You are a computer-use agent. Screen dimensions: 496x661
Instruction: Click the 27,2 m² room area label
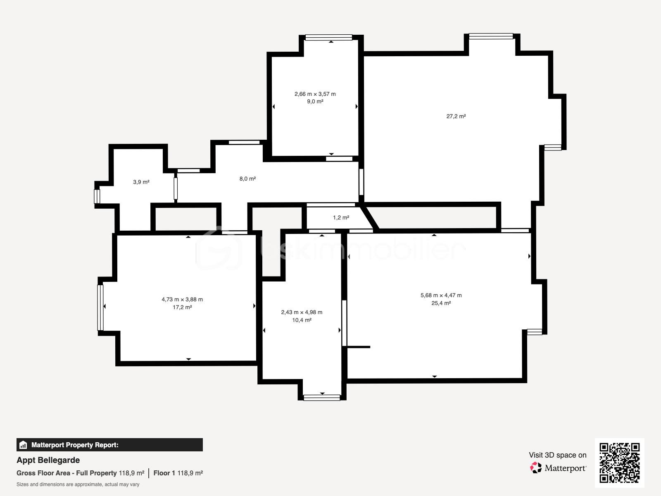click(x=456, y=117)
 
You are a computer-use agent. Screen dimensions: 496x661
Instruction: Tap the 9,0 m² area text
click(x=315, y=102)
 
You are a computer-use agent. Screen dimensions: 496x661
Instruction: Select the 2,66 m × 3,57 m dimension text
click(x=315, y=94)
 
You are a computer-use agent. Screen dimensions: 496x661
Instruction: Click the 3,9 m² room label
click(x=141, y=182)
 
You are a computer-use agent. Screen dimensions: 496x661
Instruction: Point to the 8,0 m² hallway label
click(x=247, y=179)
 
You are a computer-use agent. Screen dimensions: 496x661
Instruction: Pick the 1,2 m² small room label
click(x=341, y=217)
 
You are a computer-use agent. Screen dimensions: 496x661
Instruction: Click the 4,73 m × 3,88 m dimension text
click(x=182, y=300)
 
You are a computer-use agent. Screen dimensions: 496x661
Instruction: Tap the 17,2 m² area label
click(x=182, y=308)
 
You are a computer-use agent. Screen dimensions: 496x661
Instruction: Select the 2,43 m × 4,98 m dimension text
click(x=302, y=312)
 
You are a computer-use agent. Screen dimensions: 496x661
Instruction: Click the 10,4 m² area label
click(x=302, y=320)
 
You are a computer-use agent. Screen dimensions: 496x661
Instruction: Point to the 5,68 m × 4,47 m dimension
click(x=441, y=296)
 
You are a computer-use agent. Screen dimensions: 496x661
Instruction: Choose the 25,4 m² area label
click(x=441, y=303)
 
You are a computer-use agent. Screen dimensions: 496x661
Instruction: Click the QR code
click(x=619, y=463)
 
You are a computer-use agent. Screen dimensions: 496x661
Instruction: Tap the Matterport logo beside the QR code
click(x=558, y=468)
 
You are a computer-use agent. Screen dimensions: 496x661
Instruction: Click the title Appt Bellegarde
click(x=48, y=460)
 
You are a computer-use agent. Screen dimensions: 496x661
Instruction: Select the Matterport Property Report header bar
click(x=109, y=445)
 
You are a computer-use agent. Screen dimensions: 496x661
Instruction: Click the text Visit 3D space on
click(x=557, y=455)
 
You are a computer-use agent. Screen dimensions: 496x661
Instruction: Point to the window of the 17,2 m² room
click(x=100, y=308)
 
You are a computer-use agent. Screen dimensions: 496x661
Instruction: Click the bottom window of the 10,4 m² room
click(x=322, y=398)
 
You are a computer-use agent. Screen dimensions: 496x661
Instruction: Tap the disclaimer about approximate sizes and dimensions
click(x=78, y=484)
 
